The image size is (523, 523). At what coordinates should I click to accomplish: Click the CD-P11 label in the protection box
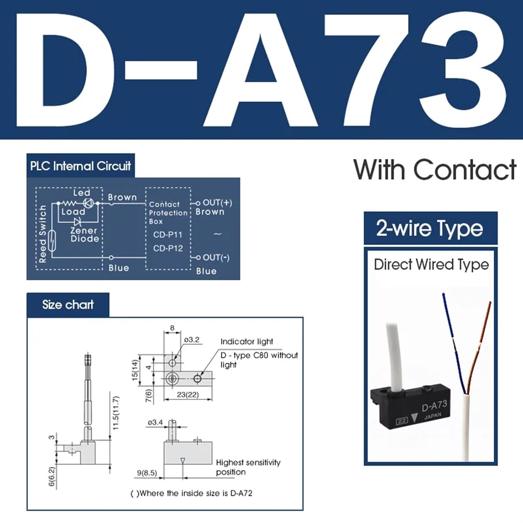[x=168, y=235]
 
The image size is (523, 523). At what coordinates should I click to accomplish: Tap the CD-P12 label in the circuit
[x=168, y=248]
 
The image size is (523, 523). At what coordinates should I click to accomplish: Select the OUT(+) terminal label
[x=217, y=203]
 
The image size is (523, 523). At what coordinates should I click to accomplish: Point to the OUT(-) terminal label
[x=216, y=257]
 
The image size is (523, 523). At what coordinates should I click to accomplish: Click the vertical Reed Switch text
[x=43, y=234]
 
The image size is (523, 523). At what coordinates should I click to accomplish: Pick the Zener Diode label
[x=84, y=235]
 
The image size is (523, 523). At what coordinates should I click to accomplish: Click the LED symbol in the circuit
[x=88, y=203]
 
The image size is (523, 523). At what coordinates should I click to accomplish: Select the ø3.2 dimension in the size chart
[x=192, y=340]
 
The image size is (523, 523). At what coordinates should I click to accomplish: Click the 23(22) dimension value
[x=188, y=395]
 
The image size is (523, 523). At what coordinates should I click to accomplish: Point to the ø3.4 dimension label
[x=155, y=423]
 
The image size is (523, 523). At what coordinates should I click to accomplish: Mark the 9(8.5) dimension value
[x=147, y=473]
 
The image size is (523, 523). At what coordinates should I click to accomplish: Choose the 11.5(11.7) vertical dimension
[x=116, y=413]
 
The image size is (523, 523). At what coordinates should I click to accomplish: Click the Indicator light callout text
[x=247, y=342]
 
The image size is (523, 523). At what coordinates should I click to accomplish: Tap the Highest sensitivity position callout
[x=248, y=467]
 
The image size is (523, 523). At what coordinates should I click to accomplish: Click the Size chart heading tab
[x=68, y=305]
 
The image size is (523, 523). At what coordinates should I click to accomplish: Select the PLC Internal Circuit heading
[x=81, y=166]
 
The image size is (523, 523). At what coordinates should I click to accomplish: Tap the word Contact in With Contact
[x=464, y=170]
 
